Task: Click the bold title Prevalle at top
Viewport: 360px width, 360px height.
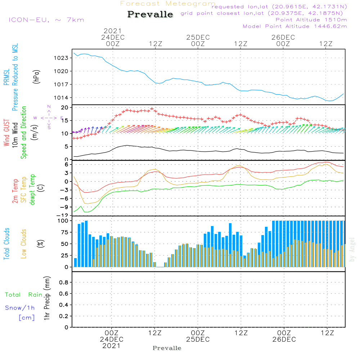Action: [x=150, y=14]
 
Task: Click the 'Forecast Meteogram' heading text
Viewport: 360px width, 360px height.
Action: [x=168, y=4]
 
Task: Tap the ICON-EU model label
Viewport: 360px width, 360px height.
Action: [x=46, y=19]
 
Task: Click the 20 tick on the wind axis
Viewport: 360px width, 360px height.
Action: [x=65, y=108]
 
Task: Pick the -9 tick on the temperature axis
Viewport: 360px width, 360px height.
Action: [x=65, y=207]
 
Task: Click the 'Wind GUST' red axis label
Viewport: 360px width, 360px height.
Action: [x=6, y=134]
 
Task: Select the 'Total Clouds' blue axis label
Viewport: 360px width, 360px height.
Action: [x=6, y=244]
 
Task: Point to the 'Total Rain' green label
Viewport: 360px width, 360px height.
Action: [x=24, y=295]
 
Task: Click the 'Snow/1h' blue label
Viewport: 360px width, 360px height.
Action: [x=20, y=308]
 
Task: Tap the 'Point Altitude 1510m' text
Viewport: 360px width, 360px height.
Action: [x=311, y=19]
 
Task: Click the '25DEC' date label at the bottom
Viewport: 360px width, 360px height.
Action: [x=198, y=339]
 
